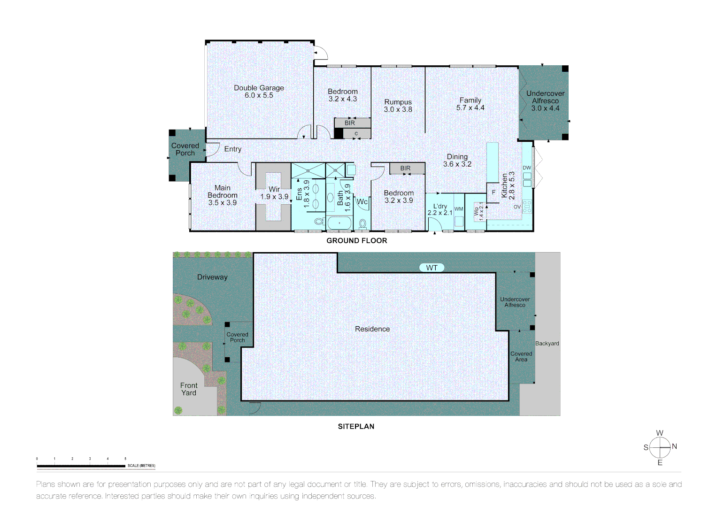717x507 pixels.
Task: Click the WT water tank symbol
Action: tap(432, 268)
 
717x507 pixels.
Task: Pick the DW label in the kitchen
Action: tap(527, 168)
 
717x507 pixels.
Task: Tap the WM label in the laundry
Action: tap(459, 209)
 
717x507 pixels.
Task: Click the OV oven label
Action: tap(517, 207)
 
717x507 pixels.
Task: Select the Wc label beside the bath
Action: tap(362, 202)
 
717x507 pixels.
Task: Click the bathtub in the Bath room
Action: tap(339, 223)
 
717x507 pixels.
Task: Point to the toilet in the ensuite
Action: tap(319, 221)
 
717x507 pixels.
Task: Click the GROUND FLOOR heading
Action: tap(356, 240)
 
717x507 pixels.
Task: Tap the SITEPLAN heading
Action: tap(356, 426)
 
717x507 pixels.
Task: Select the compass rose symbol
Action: tap(660, 447)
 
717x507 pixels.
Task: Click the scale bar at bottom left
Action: tap(81, 466)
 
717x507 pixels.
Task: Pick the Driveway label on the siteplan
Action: tap(212, 277)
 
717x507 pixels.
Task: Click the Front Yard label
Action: tap(189, 389)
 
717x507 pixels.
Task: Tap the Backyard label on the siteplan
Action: tap(547, 343)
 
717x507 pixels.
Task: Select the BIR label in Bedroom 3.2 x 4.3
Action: tap(350, 123)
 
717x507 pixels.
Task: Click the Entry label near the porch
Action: tap(232, 149)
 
